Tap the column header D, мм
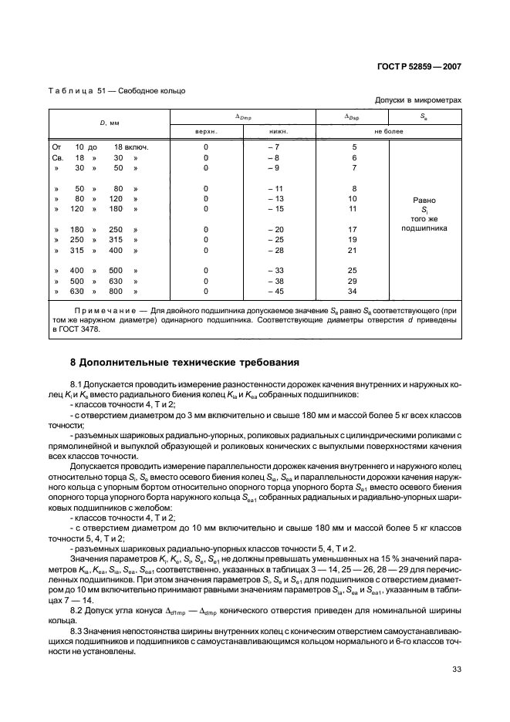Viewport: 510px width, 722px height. [x=108, y=123]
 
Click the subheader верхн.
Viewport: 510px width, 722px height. [x=206, y=131]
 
